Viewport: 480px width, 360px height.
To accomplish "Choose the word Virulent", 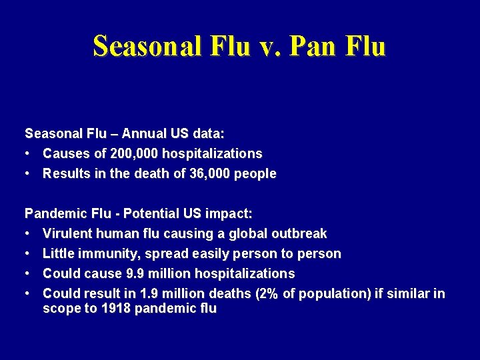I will coord(67,233).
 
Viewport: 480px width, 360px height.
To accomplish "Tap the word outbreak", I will coord(299,233).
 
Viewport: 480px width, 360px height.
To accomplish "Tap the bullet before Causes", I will coord(29,153).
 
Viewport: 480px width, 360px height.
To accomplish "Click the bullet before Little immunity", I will coord(29,253).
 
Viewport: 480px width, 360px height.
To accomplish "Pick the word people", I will coord(254,173).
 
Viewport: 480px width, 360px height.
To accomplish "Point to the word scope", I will coord(61,309).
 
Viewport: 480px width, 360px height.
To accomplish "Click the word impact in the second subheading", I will coord(227,213).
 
